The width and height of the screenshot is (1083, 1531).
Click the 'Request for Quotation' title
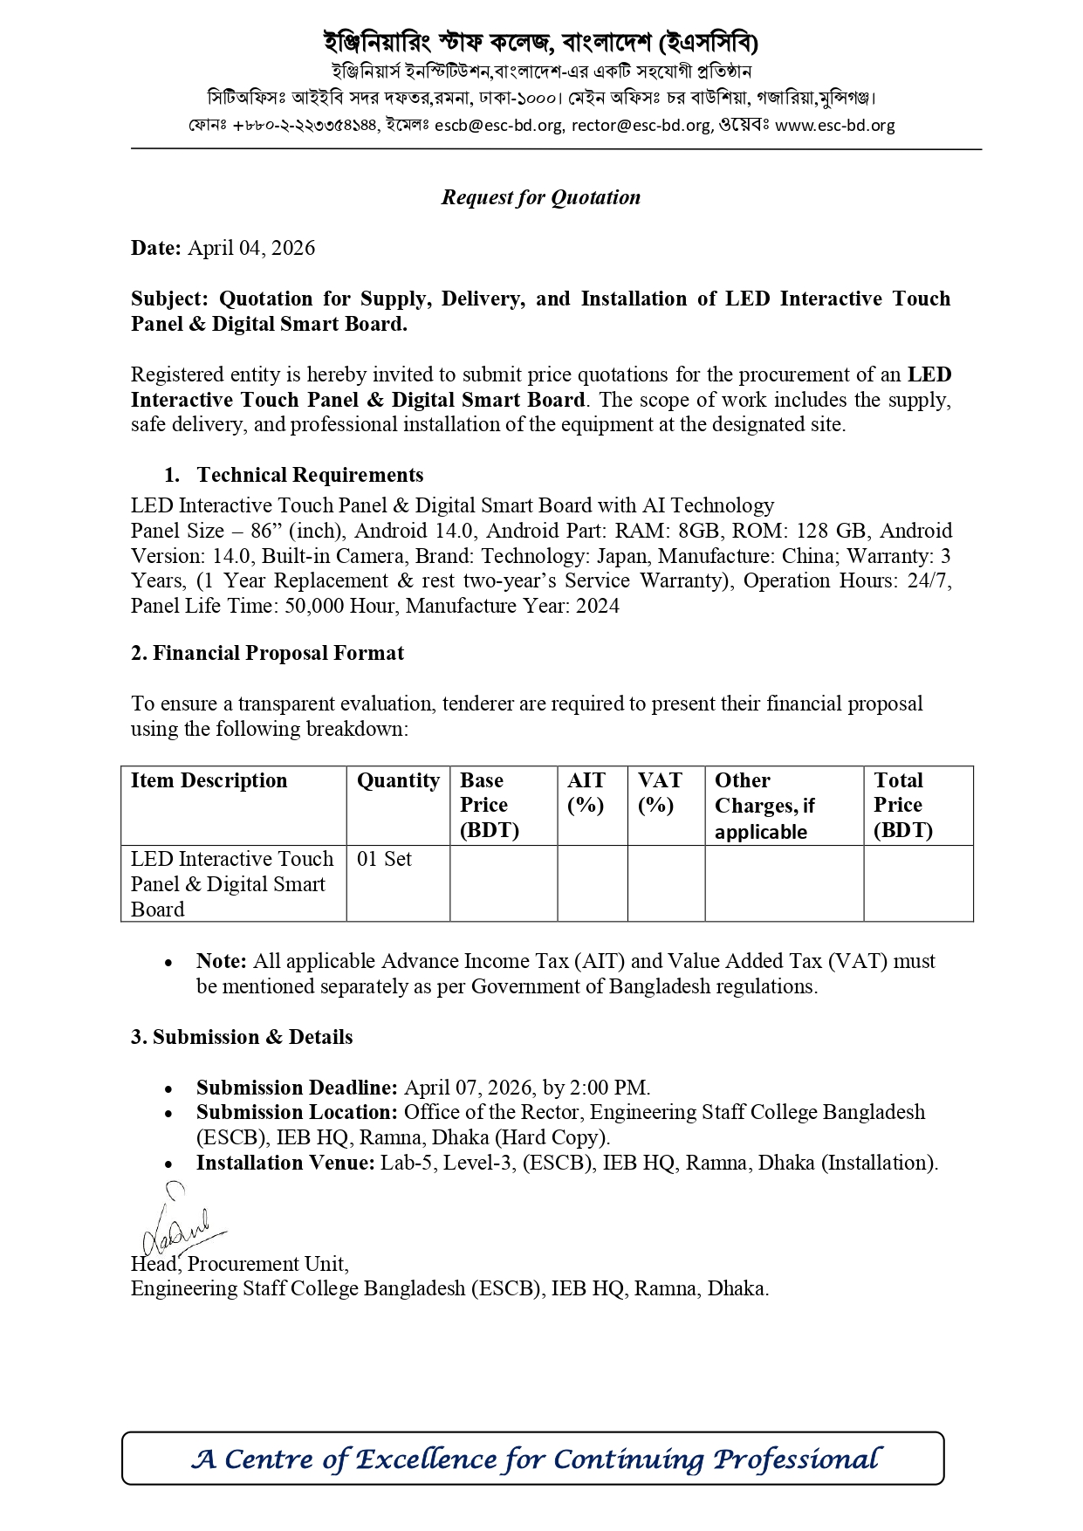(540, 197)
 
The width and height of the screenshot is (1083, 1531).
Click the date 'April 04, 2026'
(251, 248)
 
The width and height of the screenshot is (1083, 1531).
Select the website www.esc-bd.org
(834, 125)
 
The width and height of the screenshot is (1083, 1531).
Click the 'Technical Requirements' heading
(310, 475)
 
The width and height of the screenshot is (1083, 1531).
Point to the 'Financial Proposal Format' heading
(278, 653)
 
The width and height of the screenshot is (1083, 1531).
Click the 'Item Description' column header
(209, 780)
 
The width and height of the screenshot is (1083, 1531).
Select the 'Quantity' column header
(398, 780)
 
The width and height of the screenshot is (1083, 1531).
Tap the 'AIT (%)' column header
(586, 792)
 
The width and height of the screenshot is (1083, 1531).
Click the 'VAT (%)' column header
(660, 792)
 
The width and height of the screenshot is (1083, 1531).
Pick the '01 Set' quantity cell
(384, 859)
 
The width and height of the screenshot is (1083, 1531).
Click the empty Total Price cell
(917, 883)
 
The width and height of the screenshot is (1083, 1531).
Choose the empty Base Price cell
(504, 883)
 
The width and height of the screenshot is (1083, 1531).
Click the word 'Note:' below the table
(222, 961)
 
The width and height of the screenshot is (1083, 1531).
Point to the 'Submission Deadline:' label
(297, 1088)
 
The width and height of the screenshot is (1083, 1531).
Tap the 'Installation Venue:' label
(285, 1163)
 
